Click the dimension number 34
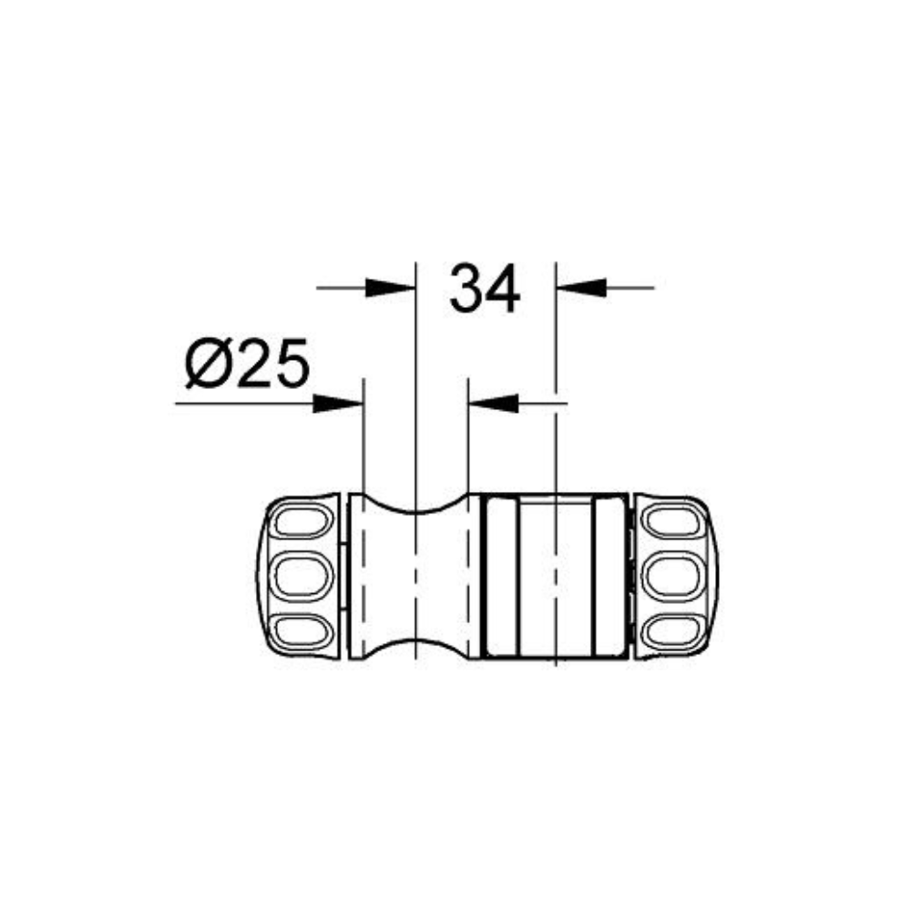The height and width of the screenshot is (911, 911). (x=485, y=289)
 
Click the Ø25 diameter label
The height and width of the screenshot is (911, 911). (x=248, y=363)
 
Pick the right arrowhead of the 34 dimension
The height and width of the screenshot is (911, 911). (x=581, y=288)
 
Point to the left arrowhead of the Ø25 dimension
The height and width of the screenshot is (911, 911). (x=338, y=404)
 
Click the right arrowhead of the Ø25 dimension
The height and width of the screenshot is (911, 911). (x=493, y=404)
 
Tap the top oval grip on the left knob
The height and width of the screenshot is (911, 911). (x=302, y=520)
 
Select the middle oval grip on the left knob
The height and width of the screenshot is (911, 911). (x=302, y=576)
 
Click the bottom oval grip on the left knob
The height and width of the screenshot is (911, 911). (x=302, y=631)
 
